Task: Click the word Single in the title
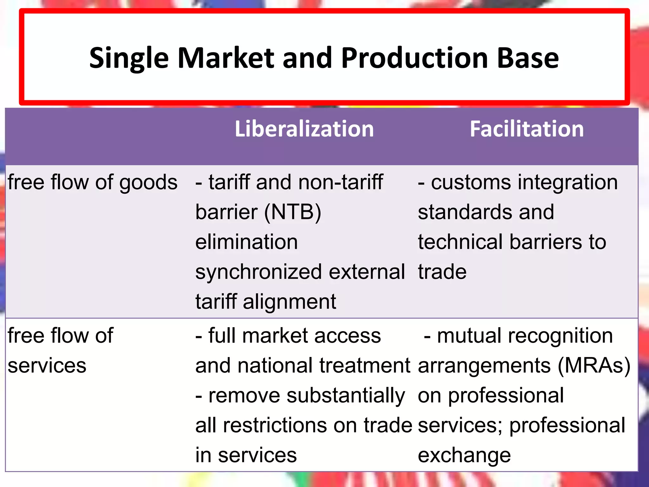tap(129, 58)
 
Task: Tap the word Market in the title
tap(226, 58)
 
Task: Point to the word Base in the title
tap(528, 58)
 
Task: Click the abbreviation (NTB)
tap(292, 212)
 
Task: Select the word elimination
tap(247, 242)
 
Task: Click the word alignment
tap(289, 302)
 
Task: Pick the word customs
tap(471, 182)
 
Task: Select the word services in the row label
tap(47, 366)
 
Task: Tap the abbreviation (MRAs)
tap(594, 366)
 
